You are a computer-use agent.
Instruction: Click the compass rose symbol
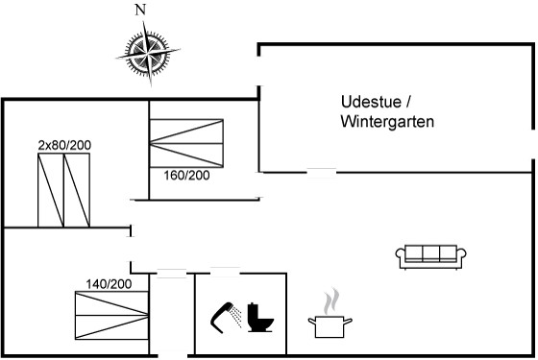(148, 53)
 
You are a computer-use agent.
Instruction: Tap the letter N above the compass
(140, 10)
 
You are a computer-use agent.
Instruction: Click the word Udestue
(371, 102)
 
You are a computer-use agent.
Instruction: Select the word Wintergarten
(387, 121)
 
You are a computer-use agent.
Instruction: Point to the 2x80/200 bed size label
(64, 145)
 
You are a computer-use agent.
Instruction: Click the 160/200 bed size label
(186, 176)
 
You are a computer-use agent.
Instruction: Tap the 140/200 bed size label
(109, 284)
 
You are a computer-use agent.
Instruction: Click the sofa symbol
(431, 257)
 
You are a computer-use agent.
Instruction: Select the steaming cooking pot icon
(330, 313)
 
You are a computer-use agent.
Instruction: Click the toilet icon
(260, 318)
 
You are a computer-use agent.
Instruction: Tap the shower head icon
(225, 318)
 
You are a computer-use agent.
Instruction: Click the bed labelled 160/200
(186, 143)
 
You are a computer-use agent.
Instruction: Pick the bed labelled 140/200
(111, 316)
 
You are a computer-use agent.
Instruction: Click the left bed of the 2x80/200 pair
(51, 190)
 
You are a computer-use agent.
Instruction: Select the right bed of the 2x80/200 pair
(77, 190)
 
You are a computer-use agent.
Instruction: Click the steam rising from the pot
(331, 301)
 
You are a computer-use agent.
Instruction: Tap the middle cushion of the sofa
(431, 253)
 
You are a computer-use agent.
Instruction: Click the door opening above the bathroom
(225, 273)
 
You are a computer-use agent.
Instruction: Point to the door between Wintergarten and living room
(322, 173)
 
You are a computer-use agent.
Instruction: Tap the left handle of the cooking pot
(312, 322)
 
